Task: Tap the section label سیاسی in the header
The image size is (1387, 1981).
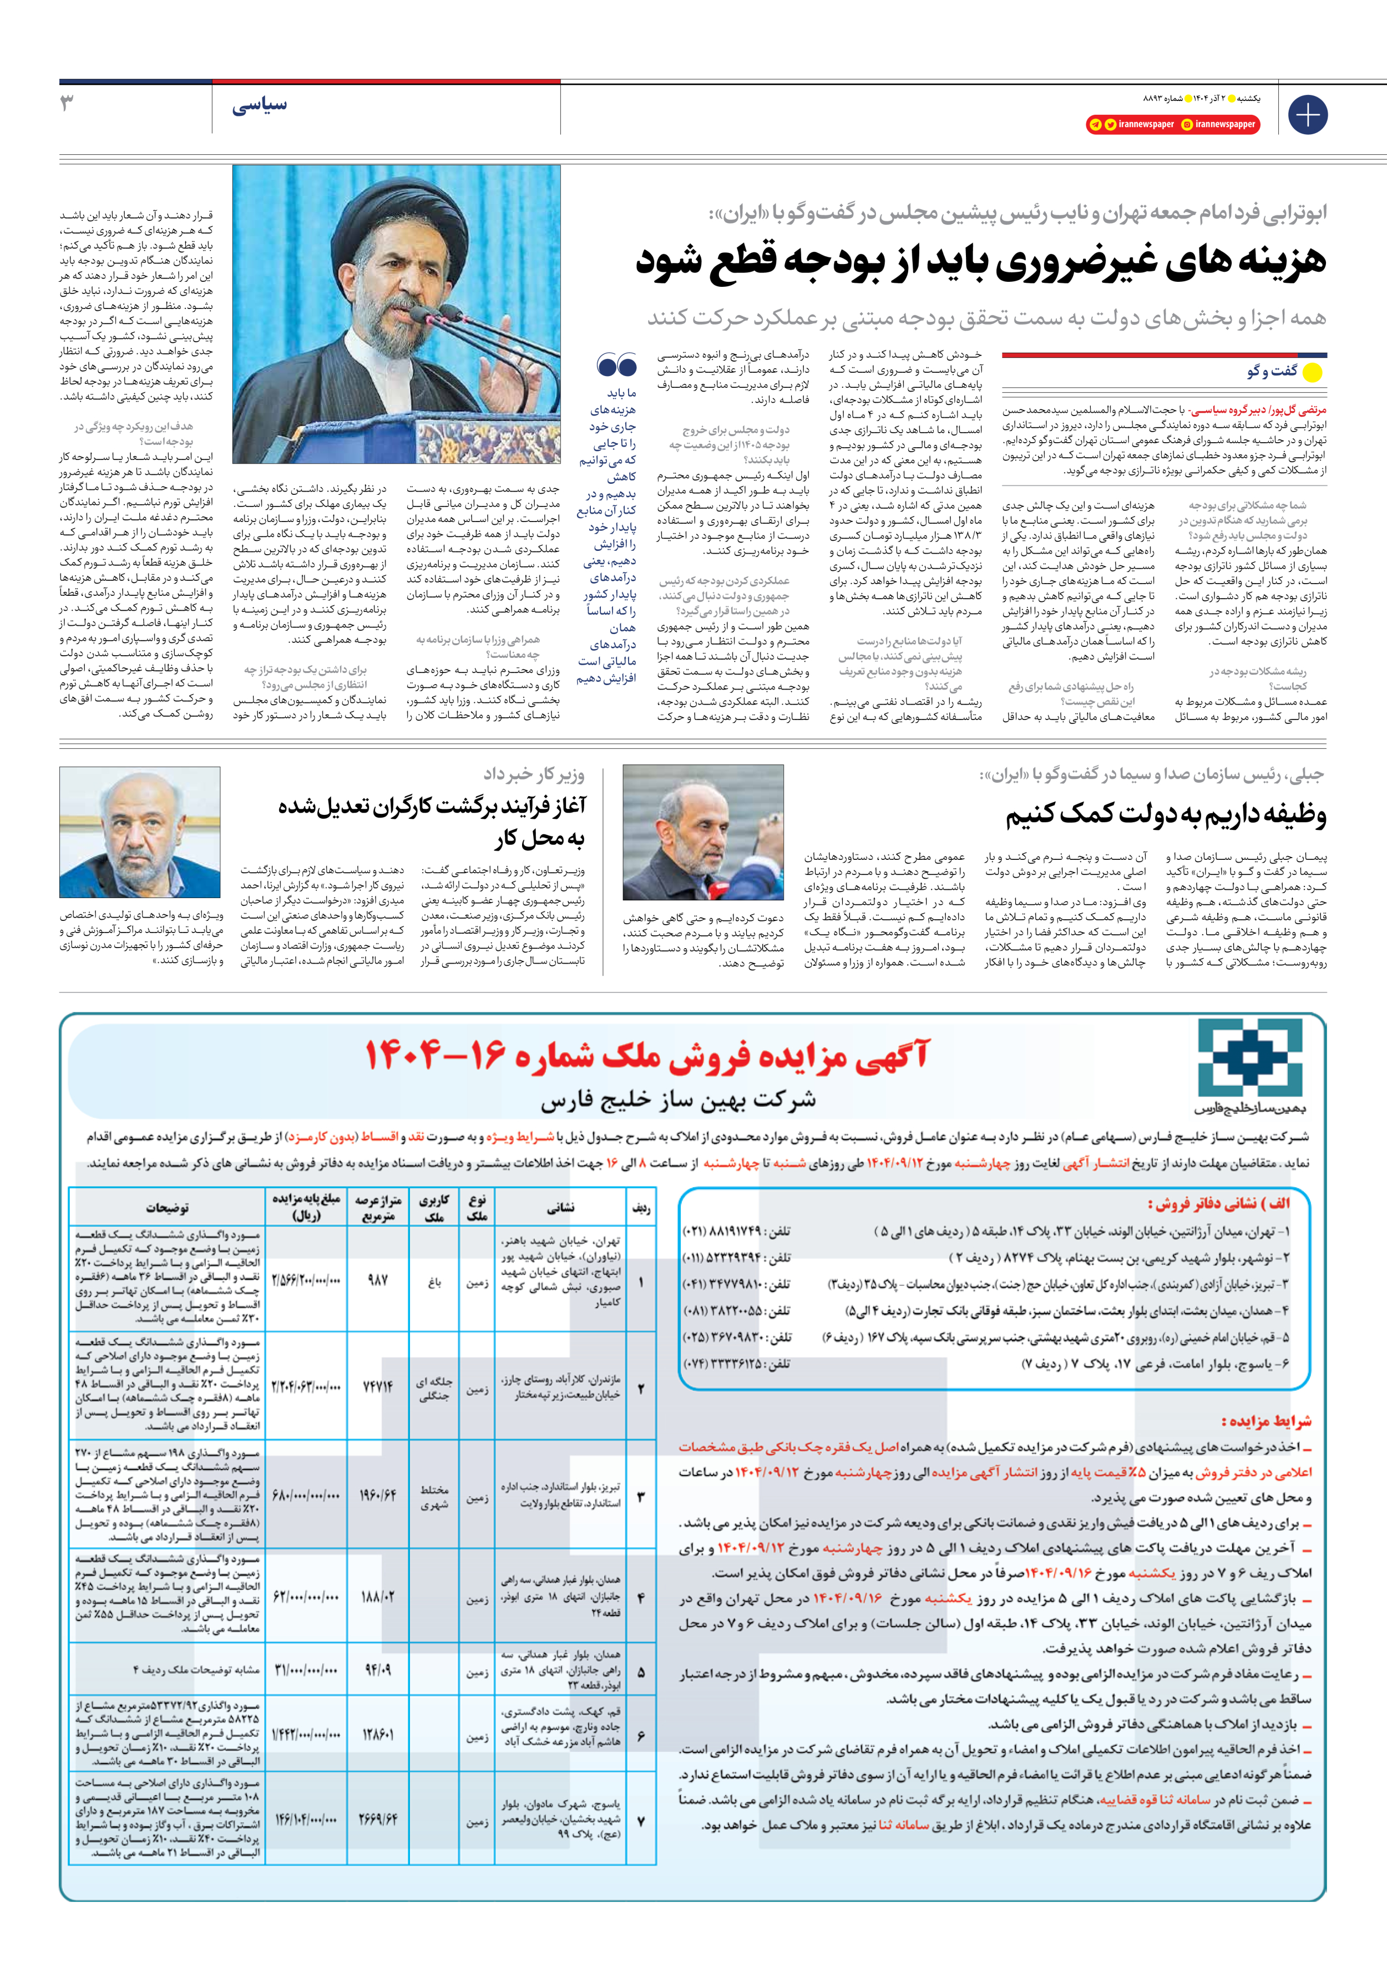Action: (259, 106)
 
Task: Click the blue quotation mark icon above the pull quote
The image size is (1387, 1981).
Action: (616, 366)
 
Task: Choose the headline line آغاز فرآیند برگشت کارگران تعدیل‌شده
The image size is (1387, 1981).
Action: (432, 807)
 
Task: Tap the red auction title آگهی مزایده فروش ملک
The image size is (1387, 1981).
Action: (647, 1055)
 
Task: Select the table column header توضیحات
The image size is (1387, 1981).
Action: (166, 1208)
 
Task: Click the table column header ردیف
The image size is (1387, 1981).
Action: (640, 1208)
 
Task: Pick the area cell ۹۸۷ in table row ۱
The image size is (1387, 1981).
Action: (378, 1280)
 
